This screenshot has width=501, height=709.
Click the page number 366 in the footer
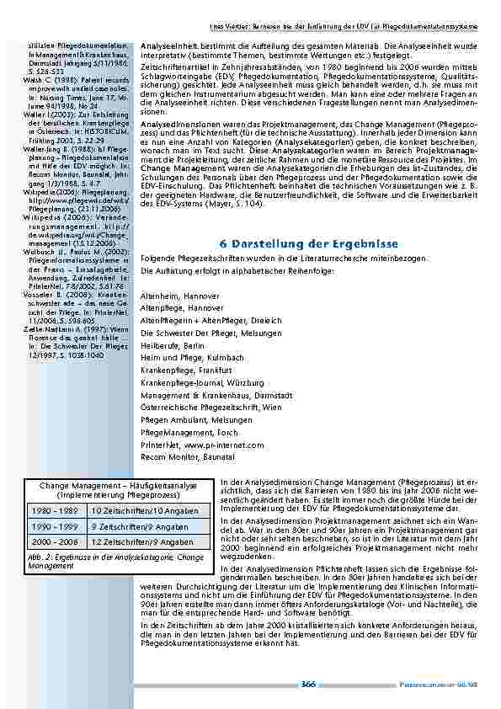pyautogui.click(x=308, y=685)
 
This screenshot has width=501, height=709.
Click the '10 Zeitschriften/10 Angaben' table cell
pyautogui.click(x=147, y=511)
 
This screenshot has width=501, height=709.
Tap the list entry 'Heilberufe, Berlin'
pyautogui.click(x=173, y=345)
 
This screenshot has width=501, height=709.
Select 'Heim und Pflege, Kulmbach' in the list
pyautogui.click(x=185, y=358)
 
